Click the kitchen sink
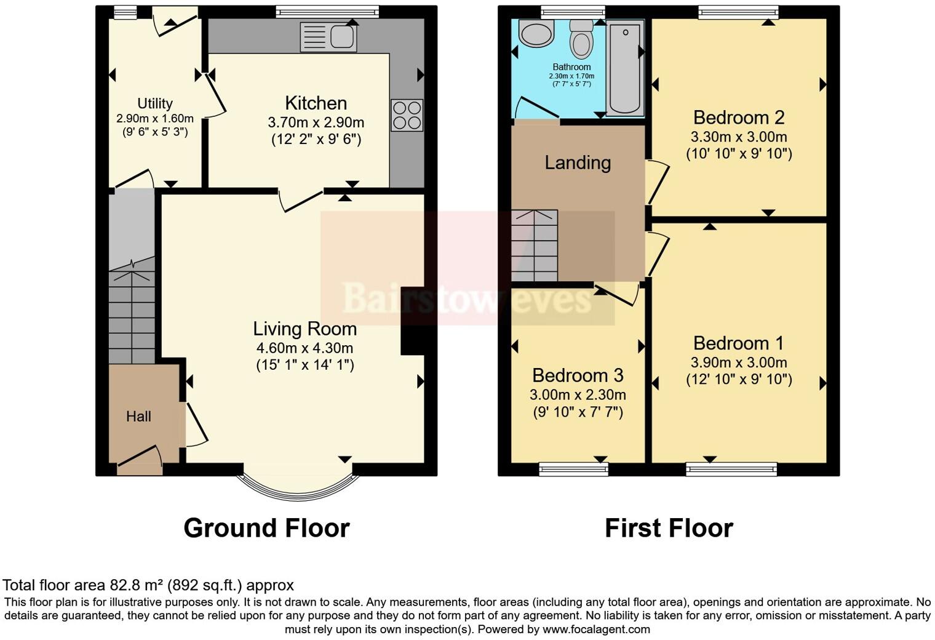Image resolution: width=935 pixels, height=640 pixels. click(328, 37)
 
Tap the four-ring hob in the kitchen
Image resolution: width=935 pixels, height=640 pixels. click(407, 115)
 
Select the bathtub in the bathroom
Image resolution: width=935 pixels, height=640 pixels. click(624, 68)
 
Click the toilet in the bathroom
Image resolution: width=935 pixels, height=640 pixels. click(580, 38)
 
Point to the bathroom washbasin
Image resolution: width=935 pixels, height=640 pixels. click(536, 33)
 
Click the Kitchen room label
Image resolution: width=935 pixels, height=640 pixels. click(316, 103)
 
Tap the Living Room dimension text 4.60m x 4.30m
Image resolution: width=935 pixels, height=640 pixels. click(304, 348)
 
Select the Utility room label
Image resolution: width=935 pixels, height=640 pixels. click(154, 103)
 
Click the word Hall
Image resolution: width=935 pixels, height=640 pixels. click(138, 417)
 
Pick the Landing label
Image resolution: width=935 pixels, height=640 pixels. click(578, 162)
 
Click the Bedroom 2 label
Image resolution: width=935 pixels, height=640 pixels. click(739, 117)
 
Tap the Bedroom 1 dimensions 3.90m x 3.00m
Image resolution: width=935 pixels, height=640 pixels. click(739, 362)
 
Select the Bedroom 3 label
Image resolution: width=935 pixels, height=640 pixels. click(578, 375)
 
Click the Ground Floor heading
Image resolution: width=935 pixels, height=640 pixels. click(266, 528)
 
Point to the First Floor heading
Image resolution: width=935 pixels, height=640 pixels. click(669, 528)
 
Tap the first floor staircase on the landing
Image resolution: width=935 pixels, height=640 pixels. click(535, 246)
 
